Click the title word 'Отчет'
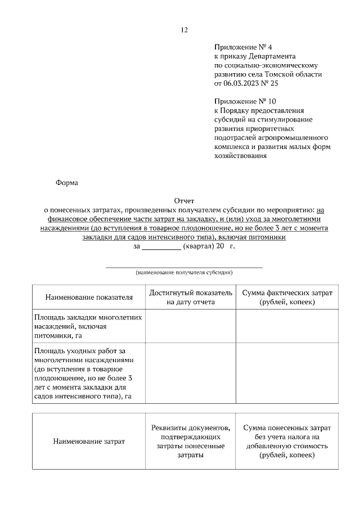click(x=184, y=201)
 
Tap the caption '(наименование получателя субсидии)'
click(x=184, y=272)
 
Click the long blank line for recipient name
click(x=184, y=266)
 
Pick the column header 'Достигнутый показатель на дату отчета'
click(x=191, y=298)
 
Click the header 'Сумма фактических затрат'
click(x=287, y=293)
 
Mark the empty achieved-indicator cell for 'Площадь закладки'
click(x=191, y=326)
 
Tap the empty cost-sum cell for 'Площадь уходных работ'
click(x=287, y=374)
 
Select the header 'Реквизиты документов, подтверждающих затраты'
click(x=191, y=441)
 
